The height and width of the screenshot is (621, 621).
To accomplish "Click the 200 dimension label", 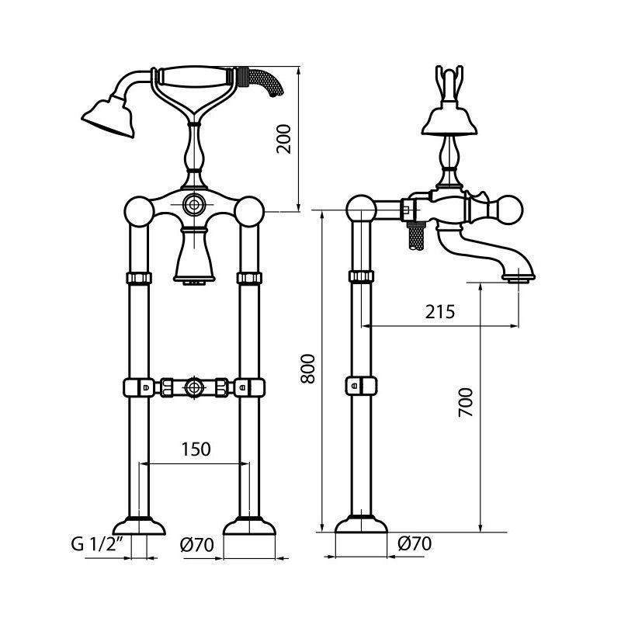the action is [284, 139].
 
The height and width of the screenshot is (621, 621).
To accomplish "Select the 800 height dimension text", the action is [307, 369].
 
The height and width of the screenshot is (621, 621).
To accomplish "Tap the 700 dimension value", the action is [466, 402].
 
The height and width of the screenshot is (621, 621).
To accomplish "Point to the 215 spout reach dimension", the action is [440, 312].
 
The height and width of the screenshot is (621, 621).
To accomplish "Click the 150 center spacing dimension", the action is [196, 449].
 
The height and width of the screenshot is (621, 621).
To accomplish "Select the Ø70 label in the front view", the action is [197, 545].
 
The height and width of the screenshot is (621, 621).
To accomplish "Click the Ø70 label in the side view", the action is [415, 543].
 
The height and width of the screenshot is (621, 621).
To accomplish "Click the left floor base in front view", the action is [139, 526].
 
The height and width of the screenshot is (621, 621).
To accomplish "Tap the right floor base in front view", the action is [249, 526].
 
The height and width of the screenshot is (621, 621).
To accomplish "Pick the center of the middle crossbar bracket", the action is [194, 387].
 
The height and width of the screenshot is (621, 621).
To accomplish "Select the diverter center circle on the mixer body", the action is [194, 205].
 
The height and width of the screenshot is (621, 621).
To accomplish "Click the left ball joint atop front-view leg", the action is [139, 211].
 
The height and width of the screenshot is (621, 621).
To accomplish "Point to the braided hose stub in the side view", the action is [416, 238].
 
